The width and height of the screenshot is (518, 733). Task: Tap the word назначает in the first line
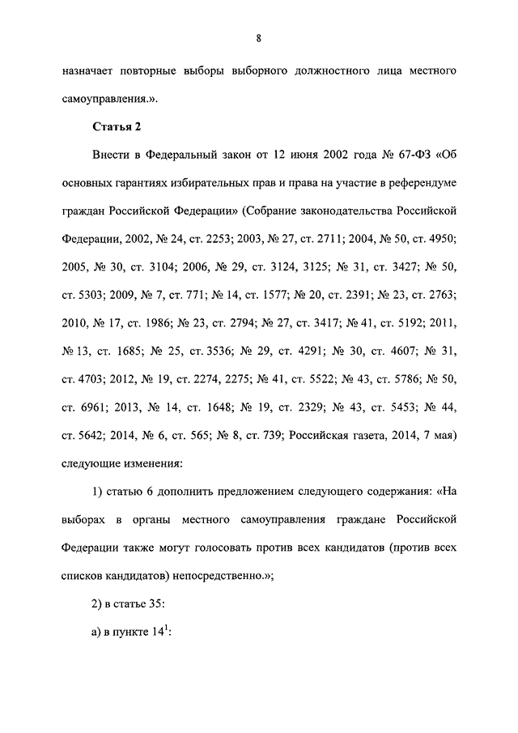pos(90,72)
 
